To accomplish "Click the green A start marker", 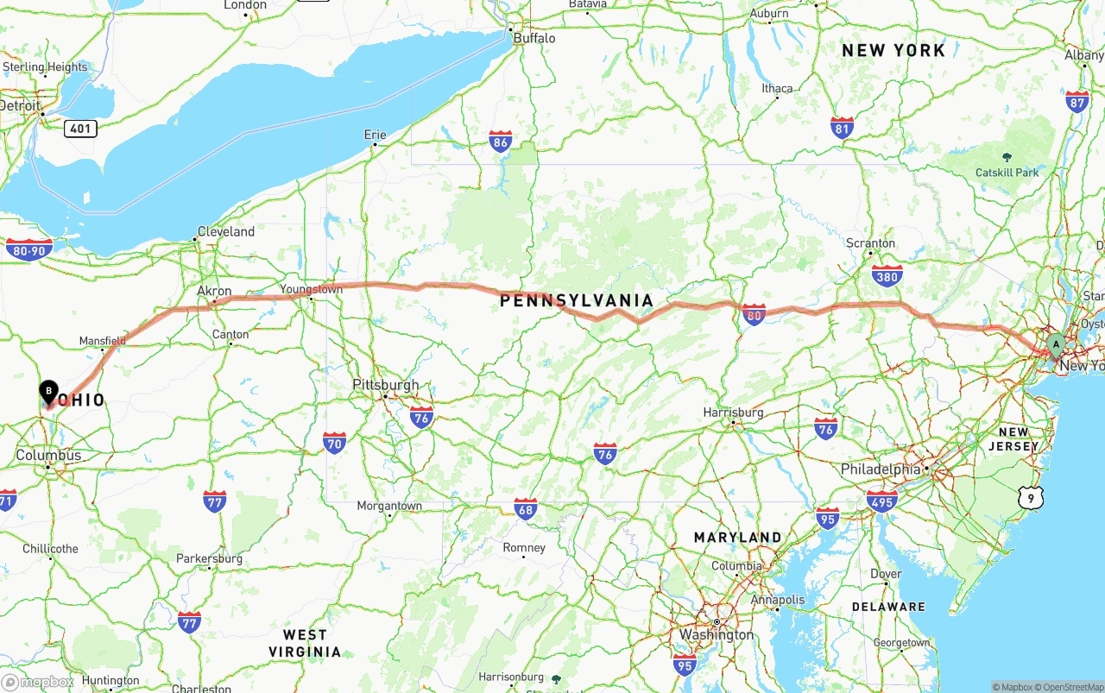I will [x=1055, y=345].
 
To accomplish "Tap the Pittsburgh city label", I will [x=386, y=385].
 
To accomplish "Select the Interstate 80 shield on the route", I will [x=754, y=315].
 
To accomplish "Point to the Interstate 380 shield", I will [x=887, y=275].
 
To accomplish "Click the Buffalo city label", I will [x=534, y=38].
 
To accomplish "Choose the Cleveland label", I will [x=226, y=231].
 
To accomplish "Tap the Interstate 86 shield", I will [x=500, y=142].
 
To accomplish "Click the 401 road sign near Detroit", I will [x=79, y=129].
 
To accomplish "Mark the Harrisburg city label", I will [x=734, y=413].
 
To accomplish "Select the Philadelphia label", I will [x=881, y=469].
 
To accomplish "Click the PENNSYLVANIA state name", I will [x=577, y=300].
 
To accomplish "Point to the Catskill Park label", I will [x=1007, y=173].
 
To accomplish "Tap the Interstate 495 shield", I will [x=881, y=501].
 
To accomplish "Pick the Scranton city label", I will [x=870, y=243].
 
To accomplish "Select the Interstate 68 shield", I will [x=525, y=508].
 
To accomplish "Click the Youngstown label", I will [x=311, y=289].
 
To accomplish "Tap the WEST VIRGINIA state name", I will [x=305, y=643].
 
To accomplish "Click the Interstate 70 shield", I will [x=334, y=444].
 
